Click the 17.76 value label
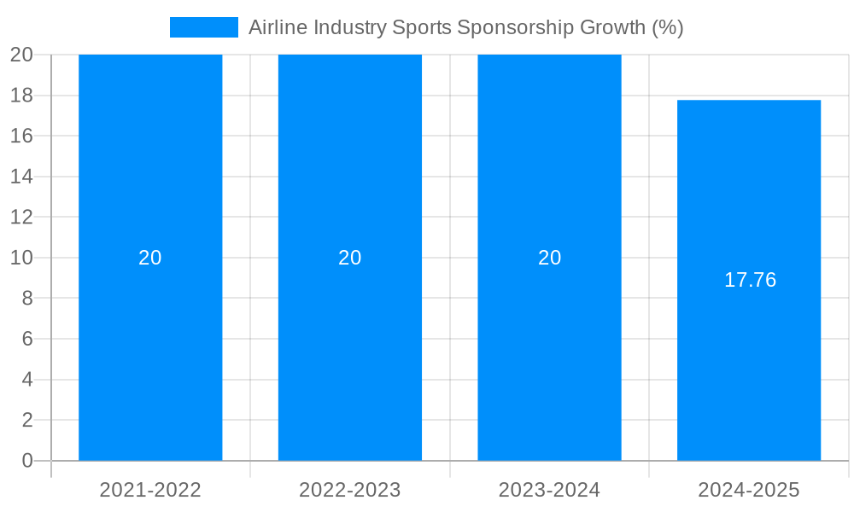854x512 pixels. [x=750, y=280]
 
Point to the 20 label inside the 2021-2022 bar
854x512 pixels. [x=150, y=258]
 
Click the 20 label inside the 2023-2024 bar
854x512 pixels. [x=549, y=258]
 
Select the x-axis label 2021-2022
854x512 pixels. [x=150, y=490]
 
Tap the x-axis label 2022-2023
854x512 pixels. [x=350, y=490]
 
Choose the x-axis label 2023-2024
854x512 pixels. [x=549, y=490]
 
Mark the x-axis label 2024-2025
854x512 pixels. [x=749, y=490]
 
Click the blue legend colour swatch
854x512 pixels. [x=204, y=27]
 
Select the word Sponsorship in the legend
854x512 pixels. [x=516, y=27]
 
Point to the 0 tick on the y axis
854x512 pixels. [x=26, y=461]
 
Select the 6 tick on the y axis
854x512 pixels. [x=26, y=339]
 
